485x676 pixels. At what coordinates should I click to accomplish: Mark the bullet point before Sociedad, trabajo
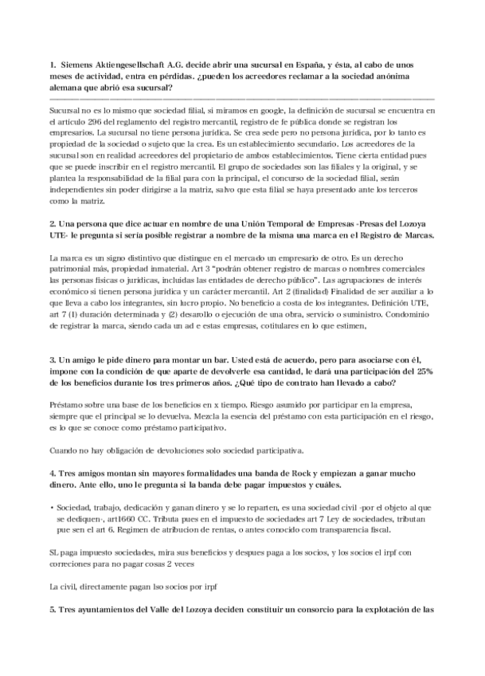coord(52,506)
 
